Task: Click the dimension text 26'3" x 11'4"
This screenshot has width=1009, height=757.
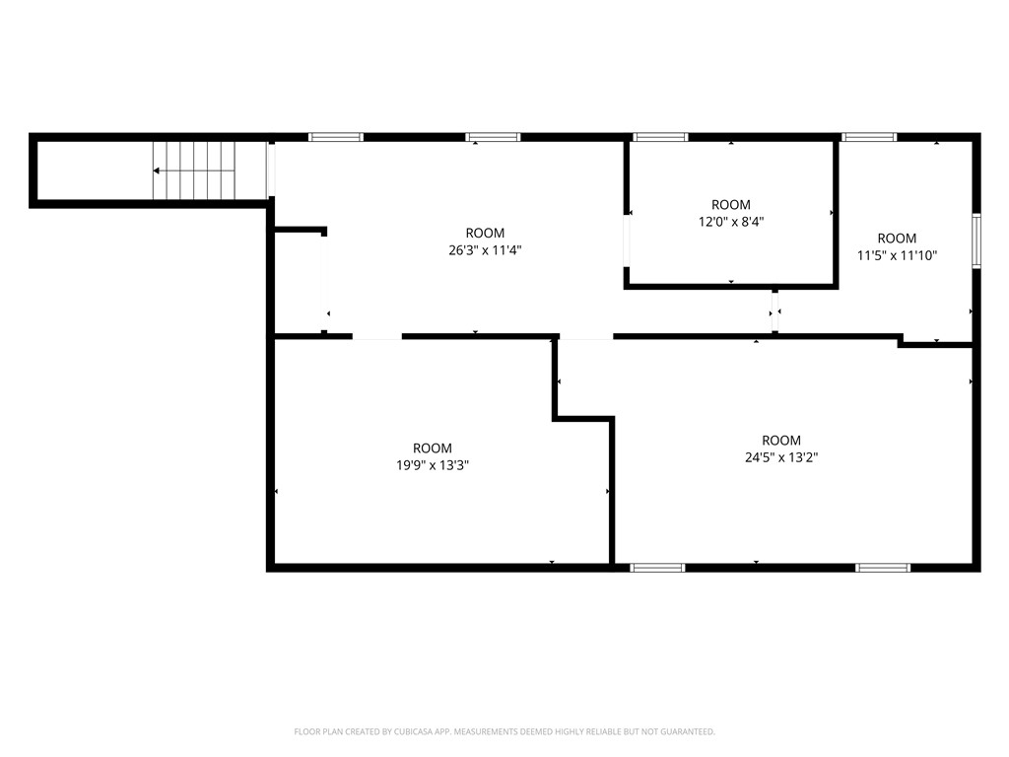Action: (x=484, y=250)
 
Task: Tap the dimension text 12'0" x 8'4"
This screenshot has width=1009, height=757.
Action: (x=731, y=222)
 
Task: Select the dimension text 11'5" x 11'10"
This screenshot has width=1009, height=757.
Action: (x=897, y=255)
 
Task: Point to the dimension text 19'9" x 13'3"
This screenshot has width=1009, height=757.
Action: (x=433, y=465)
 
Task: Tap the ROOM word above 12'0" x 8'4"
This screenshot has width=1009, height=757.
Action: (x=731, y=205)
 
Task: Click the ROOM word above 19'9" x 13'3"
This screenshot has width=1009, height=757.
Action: (x=433, y=448)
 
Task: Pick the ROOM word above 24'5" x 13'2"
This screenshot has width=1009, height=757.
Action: (x=781, y=441)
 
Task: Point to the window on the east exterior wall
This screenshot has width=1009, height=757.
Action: (x=975, y=241)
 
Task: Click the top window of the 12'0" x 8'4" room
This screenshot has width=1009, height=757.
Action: (x=660, y=137)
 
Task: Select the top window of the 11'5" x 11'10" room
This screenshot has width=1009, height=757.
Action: (x=869, y=137)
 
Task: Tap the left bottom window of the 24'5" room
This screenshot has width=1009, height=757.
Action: (x=657, y=568)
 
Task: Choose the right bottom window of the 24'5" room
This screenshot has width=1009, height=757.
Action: (x=883, y=568)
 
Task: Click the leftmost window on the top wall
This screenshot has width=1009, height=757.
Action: (x=336, y=137)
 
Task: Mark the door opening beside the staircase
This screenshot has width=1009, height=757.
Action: (x=271, y=171)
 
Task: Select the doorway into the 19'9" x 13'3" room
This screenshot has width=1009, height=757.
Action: (x=376, y=337)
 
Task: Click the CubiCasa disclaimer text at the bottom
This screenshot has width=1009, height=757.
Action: (x=504, y=731)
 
